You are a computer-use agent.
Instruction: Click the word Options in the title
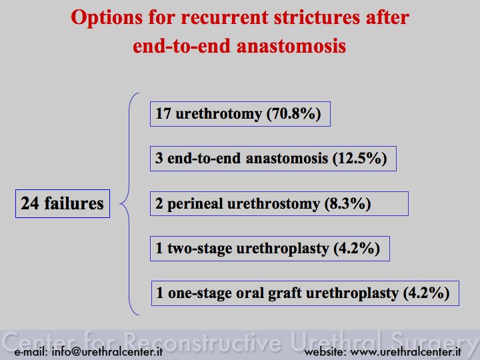point(107,18)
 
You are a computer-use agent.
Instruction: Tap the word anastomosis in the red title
point(291,46)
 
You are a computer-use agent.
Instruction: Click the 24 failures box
point(63,203)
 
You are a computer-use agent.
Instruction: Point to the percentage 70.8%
point(293,113)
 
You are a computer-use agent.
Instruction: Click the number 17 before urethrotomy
point(163,113)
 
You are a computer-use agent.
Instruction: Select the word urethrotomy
point(219,114)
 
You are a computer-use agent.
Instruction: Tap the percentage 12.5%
point(360,158)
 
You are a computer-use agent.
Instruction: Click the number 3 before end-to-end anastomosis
point(159,158)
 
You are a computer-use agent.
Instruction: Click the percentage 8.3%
point(348,203)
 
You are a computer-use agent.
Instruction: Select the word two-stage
point(199,248)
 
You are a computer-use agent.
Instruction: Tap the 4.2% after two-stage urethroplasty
point(357,248)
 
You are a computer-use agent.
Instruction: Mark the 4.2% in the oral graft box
point(427,293)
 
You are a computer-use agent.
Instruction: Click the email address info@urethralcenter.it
point(107,352)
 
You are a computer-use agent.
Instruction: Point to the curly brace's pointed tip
point(120,203)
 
